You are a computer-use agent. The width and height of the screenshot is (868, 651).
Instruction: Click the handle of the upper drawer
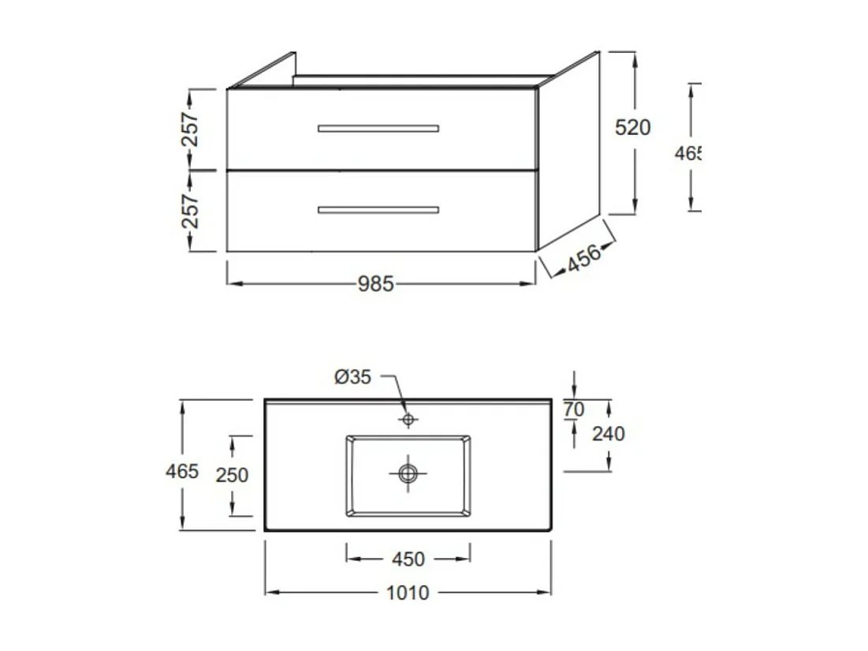click(378, 129)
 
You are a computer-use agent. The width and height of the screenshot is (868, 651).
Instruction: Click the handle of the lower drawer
click(378, 210)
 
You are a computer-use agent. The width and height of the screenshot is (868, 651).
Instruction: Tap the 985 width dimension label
click(375, 284)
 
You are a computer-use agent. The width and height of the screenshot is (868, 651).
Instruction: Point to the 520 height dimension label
click(633, 127)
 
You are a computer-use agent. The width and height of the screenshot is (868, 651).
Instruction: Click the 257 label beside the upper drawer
click(191, 129)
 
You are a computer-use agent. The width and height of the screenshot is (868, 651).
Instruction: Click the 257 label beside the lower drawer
click(191, 211)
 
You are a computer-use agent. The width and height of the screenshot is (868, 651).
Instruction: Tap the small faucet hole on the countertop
click(408, 419)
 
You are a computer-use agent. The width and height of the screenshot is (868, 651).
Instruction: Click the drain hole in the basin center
click(408, 473)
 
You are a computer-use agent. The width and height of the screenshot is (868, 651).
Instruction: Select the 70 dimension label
click(575, 410)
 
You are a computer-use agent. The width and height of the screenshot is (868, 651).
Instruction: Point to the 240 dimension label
click(608, 433)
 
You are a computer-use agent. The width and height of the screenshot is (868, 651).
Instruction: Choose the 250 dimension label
click(232, 475)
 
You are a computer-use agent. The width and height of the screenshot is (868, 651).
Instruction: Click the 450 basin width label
click(408, 559)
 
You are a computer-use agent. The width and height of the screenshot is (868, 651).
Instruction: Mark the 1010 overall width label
click(408, 593)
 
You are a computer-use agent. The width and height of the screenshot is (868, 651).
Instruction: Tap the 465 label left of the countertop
click(182, 472)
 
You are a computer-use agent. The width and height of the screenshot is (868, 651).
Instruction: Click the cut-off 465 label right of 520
click(687, 154)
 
